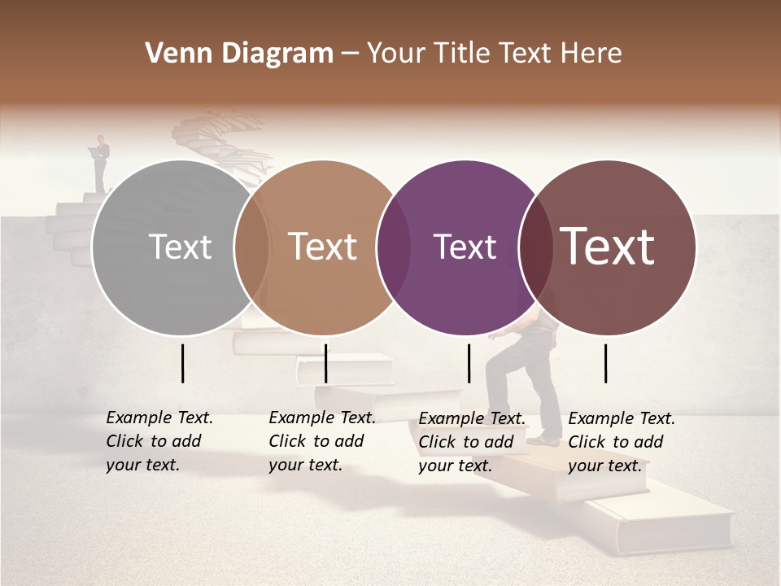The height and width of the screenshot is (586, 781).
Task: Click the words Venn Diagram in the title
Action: click(x=238, y=54)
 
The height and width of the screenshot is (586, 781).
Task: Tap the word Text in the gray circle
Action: click(x=180, y=247)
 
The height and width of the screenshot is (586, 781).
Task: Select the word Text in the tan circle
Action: click(x=322, y=247)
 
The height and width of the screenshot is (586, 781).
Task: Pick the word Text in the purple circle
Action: click(x=465, y=247)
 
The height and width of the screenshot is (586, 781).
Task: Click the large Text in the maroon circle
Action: click(x=608, y=247)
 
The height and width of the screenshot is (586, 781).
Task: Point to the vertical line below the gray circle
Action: click(x=182, y=363)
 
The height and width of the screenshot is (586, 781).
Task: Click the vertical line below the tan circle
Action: click(x=325, y=363)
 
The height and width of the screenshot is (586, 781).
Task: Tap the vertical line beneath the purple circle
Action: click(x=469, y=363)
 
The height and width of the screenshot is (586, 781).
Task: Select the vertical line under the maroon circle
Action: click(x=606, y=363)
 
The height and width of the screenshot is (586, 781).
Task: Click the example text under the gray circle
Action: click(x=159, y=441)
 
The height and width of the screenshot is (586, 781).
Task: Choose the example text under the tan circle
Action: click(x=321, y=441)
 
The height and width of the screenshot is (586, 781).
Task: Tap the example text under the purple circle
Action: click(x=471, y=441)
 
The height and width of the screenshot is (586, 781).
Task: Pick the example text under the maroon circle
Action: click(x=621, y=441)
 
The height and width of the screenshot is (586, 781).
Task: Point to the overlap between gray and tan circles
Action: click(x=251, y=247)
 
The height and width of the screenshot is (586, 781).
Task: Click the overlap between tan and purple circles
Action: click(x=393, y=247)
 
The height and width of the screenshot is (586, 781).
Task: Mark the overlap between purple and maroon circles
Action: click(x=534, y=247)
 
